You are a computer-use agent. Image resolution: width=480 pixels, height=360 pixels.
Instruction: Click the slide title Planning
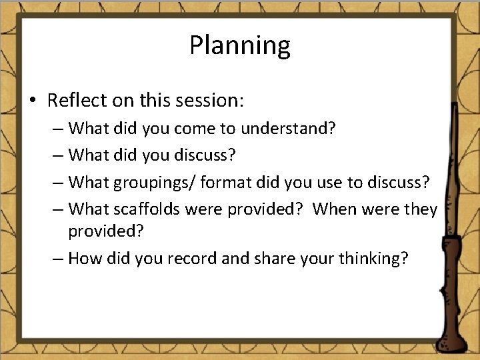point(239,46)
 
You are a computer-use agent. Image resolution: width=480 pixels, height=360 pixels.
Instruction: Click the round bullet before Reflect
point(33,101)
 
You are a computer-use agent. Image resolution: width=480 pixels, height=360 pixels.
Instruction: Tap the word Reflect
point(75,101)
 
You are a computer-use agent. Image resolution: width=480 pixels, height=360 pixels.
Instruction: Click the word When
point(335,209)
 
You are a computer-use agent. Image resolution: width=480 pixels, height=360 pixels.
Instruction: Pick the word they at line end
point(420,209)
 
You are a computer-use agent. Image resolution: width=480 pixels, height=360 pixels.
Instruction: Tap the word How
point(84,257)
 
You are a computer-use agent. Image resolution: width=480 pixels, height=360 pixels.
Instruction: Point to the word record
point(193,257)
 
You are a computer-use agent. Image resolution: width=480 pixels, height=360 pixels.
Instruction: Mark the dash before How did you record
point(58,258)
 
